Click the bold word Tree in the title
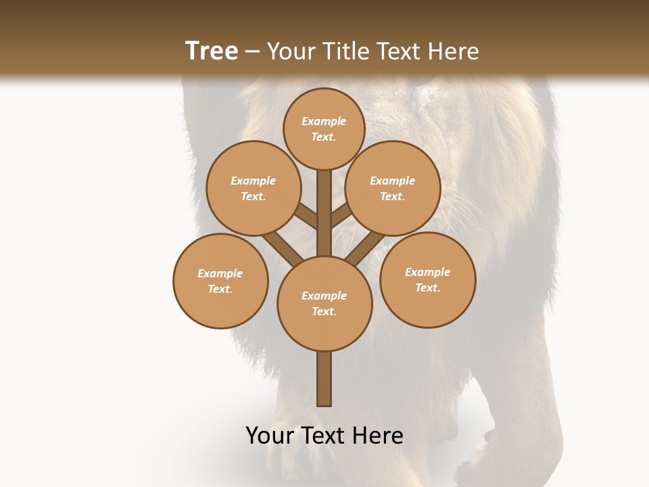pyautogui.click(x=212, y=51)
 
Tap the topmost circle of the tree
pyautogui.click(x=324, y=129)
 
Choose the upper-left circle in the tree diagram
pyautogui.click(x=253, y=188)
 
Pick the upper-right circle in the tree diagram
pyautogui.click(x=392, y=188)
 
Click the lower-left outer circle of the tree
pyautogui.click(x=220, y=281)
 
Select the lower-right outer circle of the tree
pyautogui.click(x=427, y=279)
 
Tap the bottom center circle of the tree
pyautogui.click(x=324, y=304)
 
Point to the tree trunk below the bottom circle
pyautogui.click(x=324, y=379)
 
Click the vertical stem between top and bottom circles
pyautogui.click(x=324, y=213)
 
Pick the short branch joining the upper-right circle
pyautogui.click(x=341, y=216)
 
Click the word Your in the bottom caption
pyautogui.click(x=270, y=436)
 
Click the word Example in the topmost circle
pyautogui.click(x=324, y=121)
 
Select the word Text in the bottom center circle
pyautogui.click(x=323, y=312)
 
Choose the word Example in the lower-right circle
pyautogui.click(x=427, y=272)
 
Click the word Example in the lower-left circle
pyautogui.click(x=220, y=273)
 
